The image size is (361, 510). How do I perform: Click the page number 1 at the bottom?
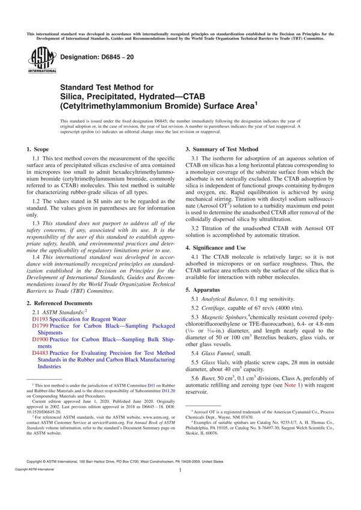[180, 488]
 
